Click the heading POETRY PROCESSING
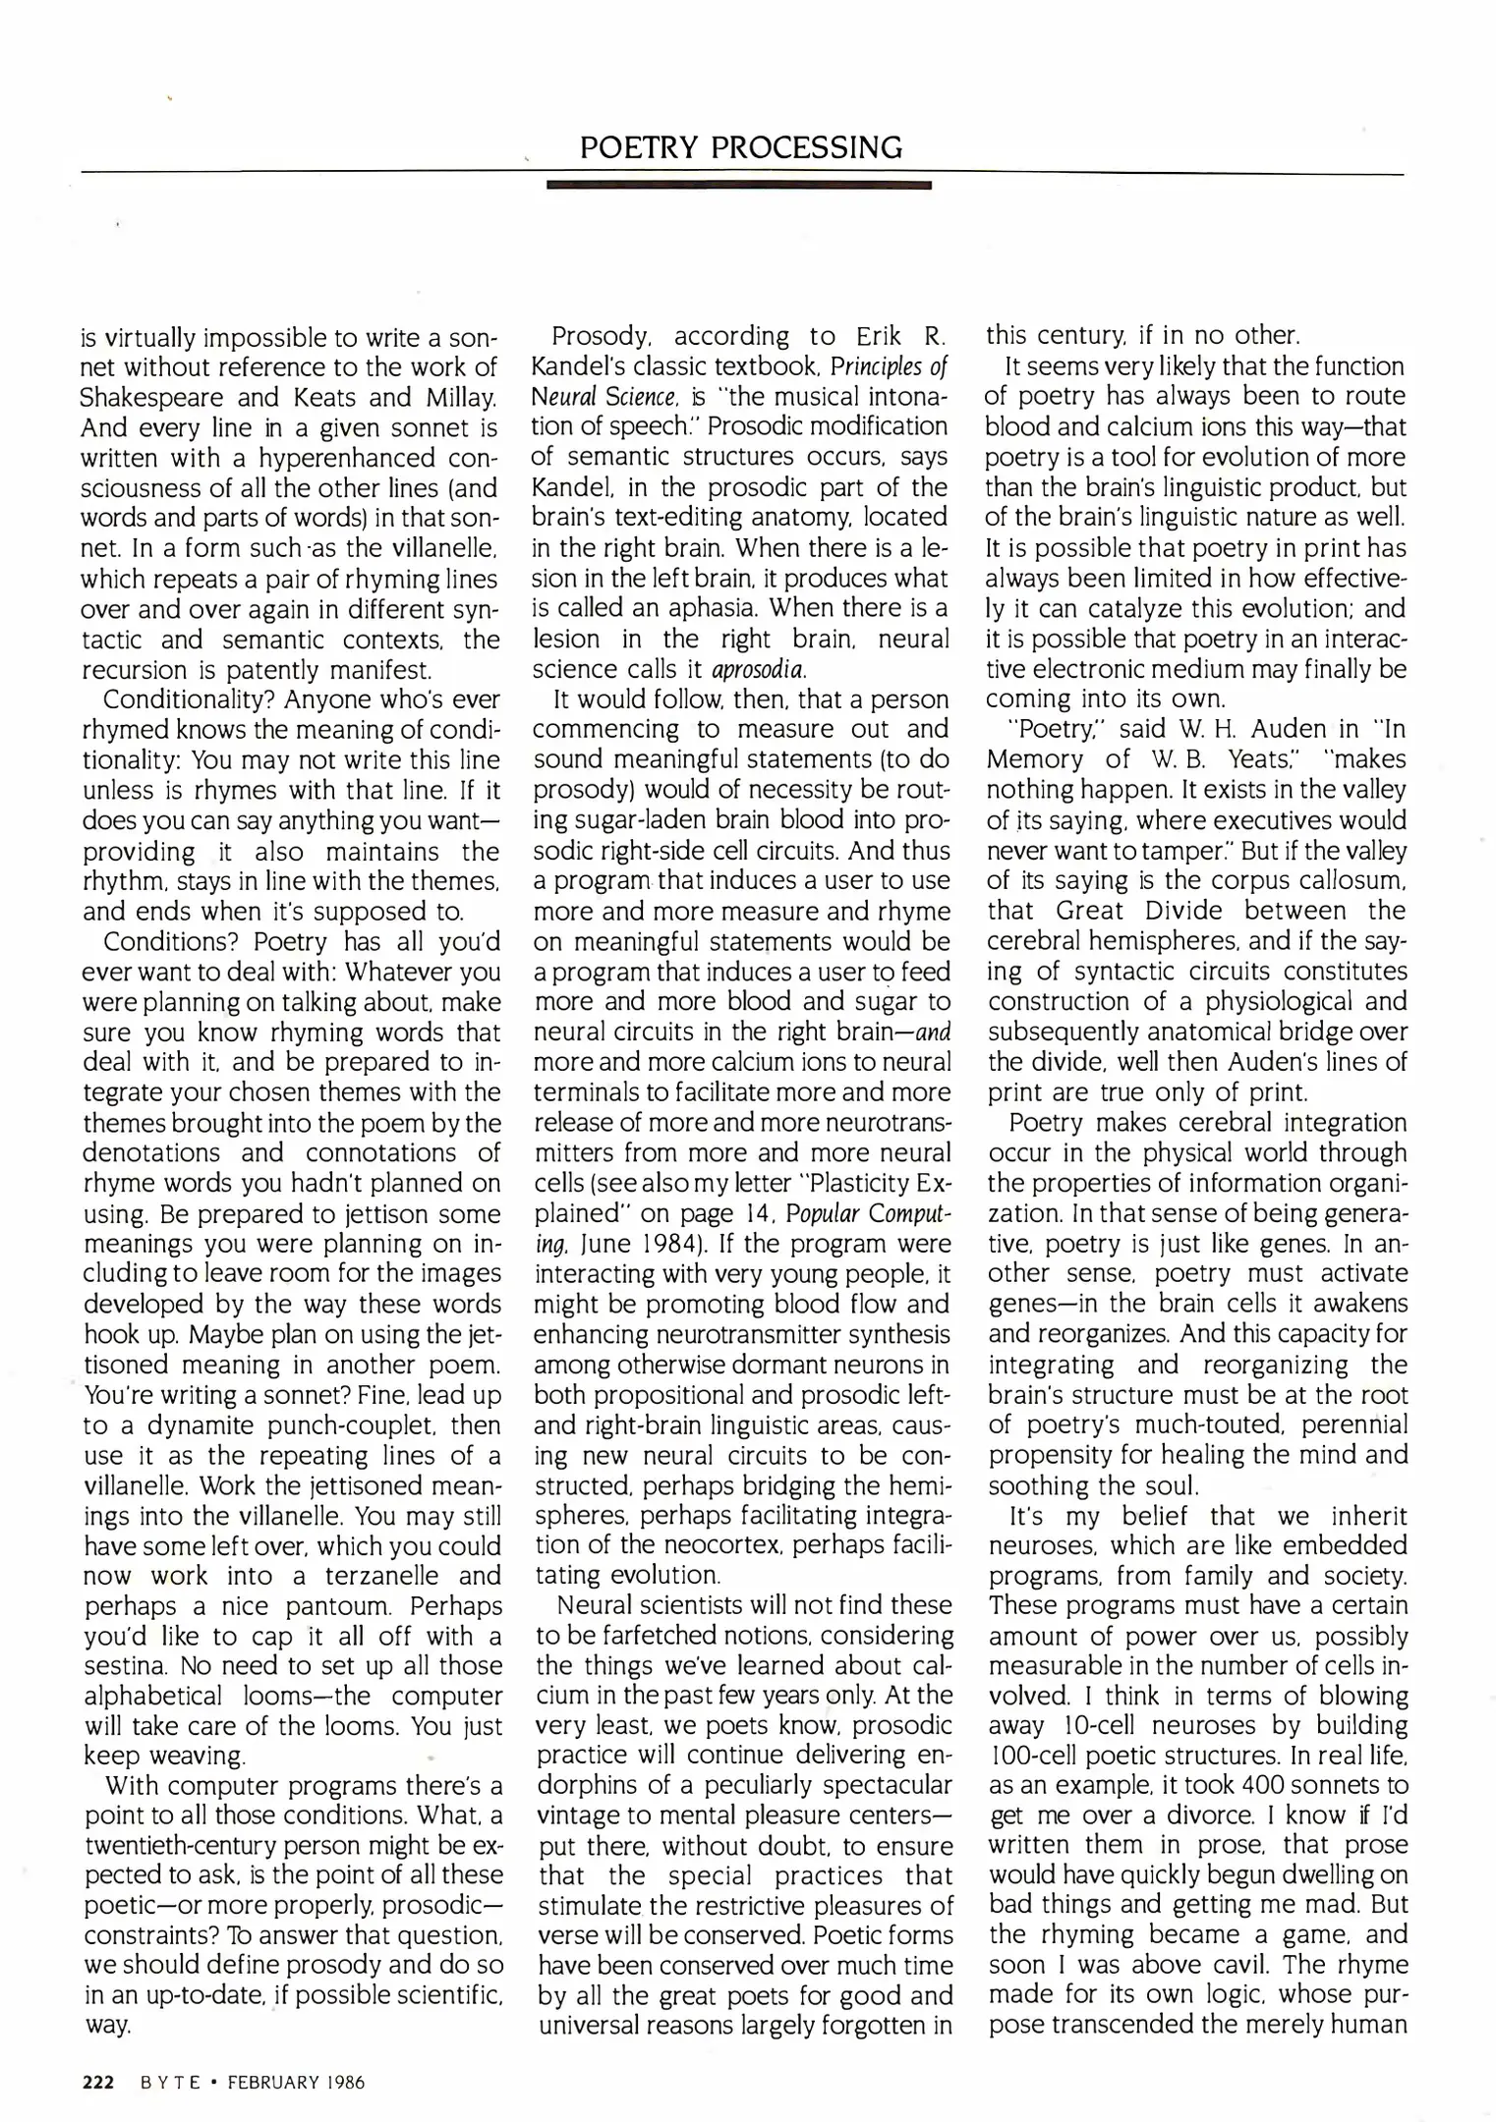click(741, 147)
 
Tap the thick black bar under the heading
click(738, 184)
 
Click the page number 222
click(98, 2082)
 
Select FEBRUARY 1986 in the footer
click(296, 2082)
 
